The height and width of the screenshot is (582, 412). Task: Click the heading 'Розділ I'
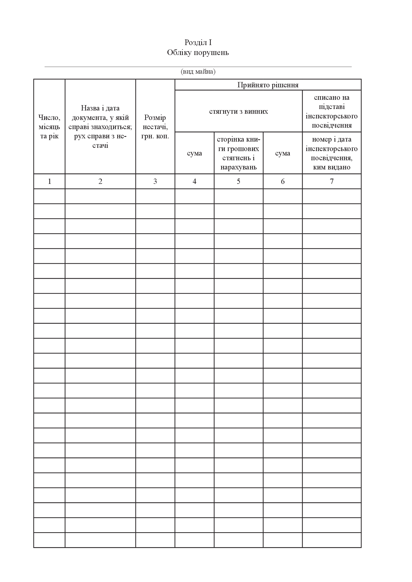point(198,42)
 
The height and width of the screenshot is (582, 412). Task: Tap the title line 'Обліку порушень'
point(198,53)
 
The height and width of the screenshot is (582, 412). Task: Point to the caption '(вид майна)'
point(198,72)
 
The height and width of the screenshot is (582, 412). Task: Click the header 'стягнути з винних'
point(238,111)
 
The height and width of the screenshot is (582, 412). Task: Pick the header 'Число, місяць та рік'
point(49,127)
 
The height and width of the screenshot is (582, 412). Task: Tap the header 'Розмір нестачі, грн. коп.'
point(155,127)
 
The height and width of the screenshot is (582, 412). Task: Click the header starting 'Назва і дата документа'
point(100,127)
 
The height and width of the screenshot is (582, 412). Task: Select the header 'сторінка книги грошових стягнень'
point(238,153)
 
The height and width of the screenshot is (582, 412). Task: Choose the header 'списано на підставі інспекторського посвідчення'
point(332,111)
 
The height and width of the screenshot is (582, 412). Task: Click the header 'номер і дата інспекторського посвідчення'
point(332,153)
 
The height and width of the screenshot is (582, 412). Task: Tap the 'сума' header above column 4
point(194,153)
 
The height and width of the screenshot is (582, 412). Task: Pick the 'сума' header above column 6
point(283,153)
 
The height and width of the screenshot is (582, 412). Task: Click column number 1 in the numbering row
point(50,181)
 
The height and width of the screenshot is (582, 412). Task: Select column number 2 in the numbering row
point(100,181)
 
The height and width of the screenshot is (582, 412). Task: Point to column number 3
point(155,181)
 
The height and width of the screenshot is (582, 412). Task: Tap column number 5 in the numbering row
point(238,181)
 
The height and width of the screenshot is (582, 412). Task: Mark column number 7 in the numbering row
point(332,181)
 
